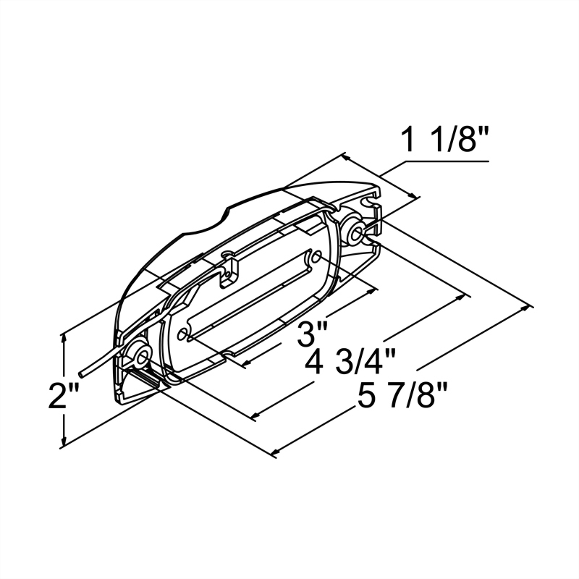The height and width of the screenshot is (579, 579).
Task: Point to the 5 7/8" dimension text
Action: click(403, 396)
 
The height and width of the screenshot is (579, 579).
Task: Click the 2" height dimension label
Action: click(33, 397)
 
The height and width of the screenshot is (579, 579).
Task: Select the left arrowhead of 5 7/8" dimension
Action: click(275, 454)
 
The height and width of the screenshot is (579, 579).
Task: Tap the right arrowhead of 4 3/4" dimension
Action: click(465, 295)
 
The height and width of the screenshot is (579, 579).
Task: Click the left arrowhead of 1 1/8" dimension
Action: click(345, 158)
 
